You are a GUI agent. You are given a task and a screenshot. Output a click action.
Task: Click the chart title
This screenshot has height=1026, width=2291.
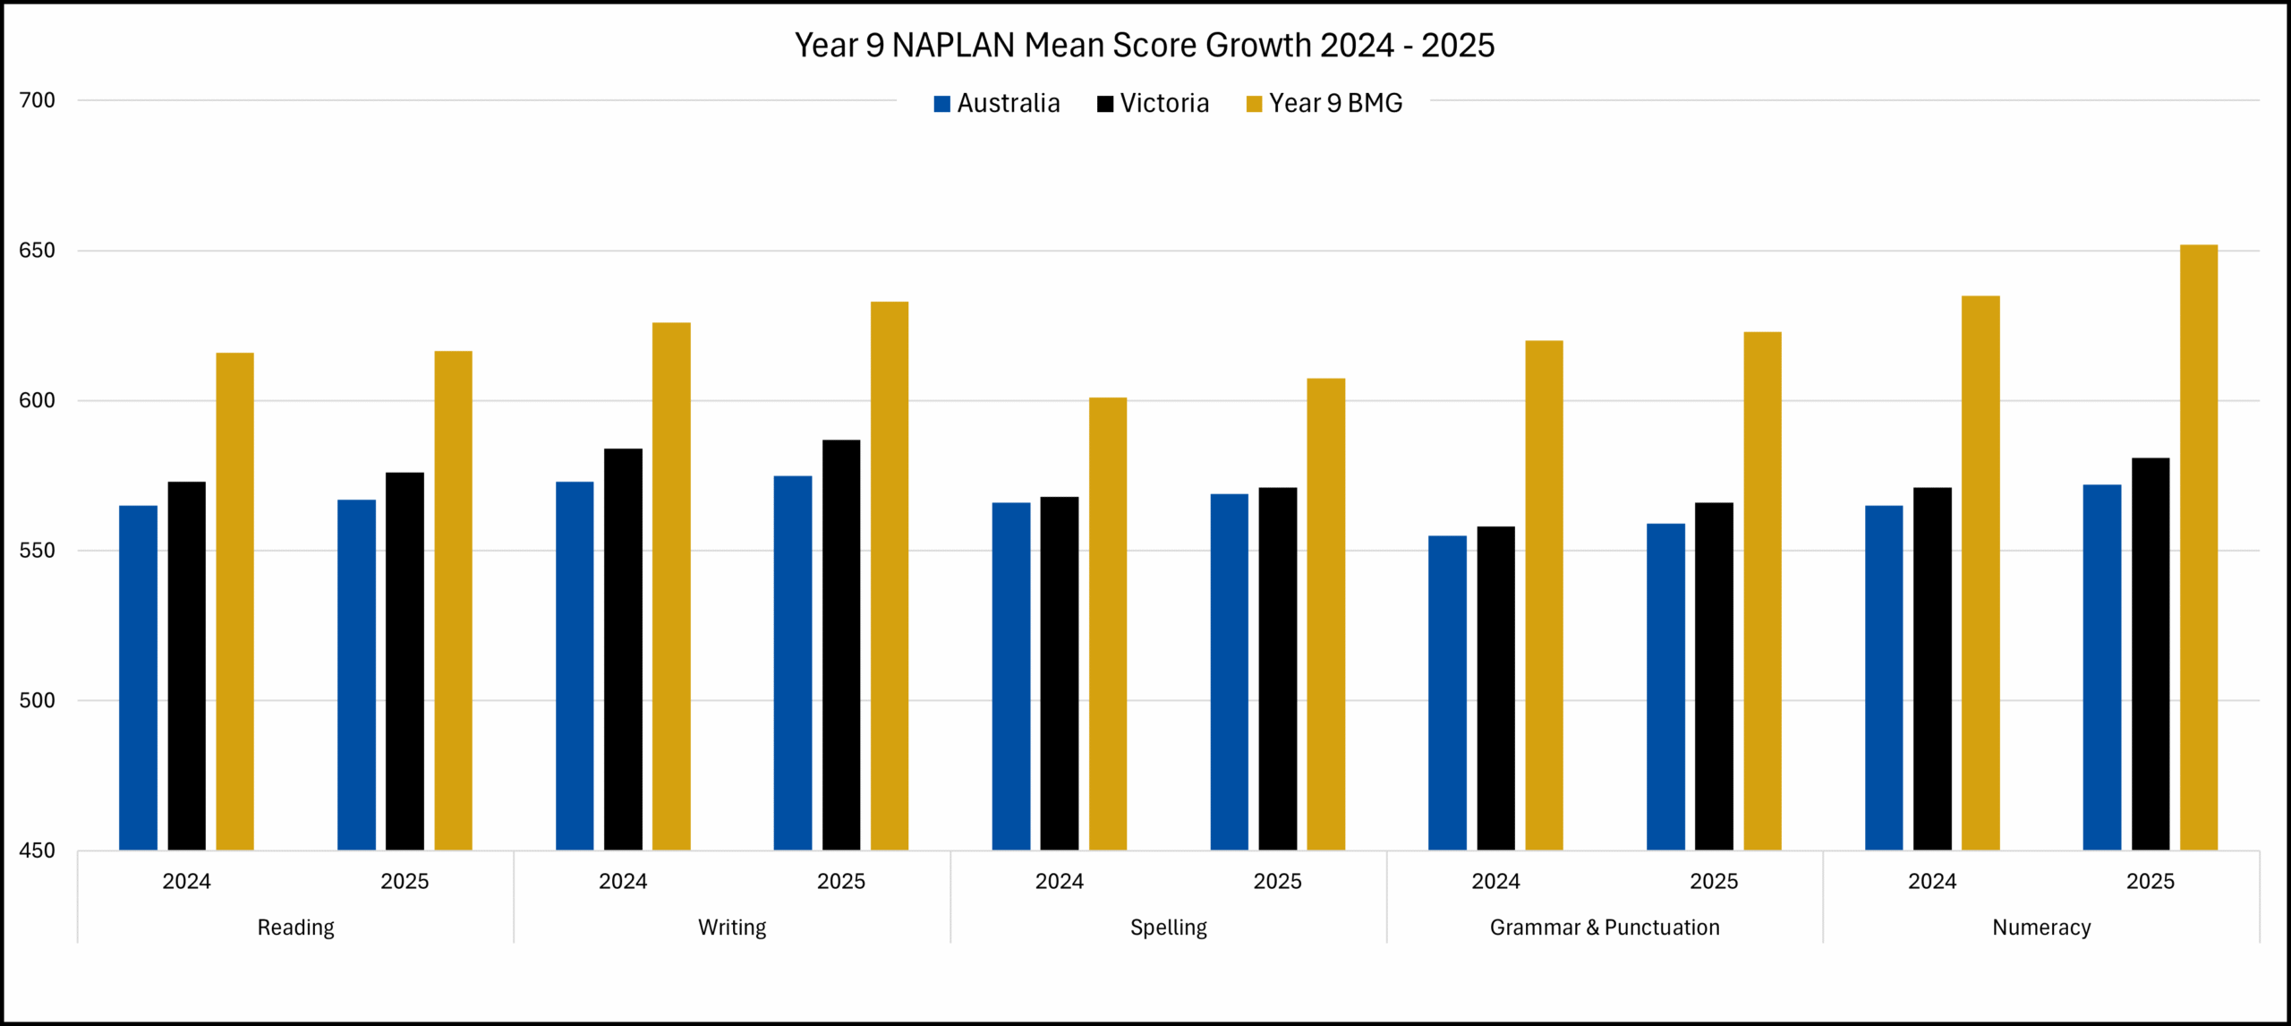(x=1145, y=45)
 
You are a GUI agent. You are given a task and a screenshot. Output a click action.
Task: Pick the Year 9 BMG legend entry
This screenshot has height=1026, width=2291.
(x=1324, y=104)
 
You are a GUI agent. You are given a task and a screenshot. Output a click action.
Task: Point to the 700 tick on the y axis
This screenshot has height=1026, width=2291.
(x=38, y=100)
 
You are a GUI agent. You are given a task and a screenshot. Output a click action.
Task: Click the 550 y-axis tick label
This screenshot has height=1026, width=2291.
(x=38, y=551)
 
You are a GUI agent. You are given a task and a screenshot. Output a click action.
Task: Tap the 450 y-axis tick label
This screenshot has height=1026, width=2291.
(x=38, y=851)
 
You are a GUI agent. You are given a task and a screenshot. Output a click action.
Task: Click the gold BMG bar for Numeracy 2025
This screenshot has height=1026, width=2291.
(x=2198, y=547)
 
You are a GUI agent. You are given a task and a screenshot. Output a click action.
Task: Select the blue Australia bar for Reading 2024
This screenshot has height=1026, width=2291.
(x=138, y=678)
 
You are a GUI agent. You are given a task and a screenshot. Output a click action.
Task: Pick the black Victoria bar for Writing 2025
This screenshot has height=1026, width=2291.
(x=841, y=645)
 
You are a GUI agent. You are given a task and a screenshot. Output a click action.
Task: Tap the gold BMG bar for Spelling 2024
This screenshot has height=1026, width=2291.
(x=1108, y=623)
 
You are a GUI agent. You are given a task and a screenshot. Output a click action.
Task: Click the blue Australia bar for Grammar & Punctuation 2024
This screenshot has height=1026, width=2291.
(x=1447, y=692)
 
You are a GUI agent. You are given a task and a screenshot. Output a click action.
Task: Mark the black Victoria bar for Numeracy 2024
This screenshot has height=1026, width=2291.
(x=1932, y=669)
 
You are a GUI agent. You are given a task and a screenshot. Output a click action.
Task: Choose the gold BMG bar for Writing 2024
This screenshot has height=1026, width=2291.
(x=671, y=586)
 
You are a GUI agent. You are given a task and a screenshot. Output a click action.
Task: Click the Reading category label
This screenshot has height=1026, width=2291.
(x=295, y=928)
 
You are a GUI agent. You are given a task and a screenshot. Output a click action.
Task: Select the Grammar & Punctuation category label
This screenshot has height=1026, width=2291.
(x=1605, y=928)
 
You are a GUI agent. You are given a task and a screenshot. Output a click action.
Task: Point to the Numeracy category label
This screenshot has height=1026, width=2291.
(x=2041, y=928)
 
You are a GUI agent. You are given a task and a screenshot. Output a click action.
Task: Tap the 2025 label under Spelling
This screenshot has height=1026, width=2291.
(x=1277, y=882)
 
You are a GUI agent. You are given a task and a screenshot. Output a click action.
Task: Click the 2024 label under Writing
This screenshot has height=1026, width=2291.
(x=623, y=882)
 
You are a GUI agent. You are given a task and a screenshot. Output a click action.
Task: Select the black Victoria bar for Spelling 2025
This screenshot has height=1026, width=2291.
(x=1277, y=669)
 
